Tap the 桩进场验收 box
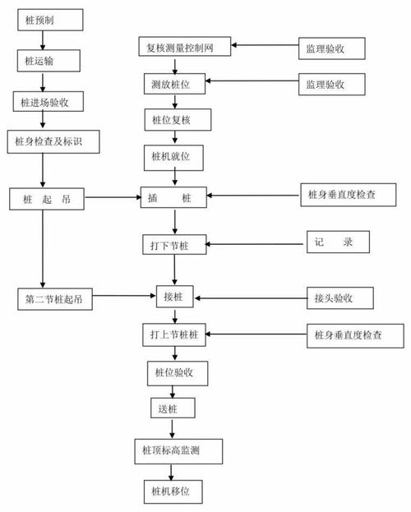pos(45,102)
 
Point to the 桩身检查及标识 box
pos(51,142)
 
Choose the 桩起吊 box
pos(46,198)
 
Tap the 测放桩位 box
pos(175,84)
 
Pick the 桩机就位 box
pos(173,155)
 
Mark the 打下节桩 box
pos(173,245)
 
